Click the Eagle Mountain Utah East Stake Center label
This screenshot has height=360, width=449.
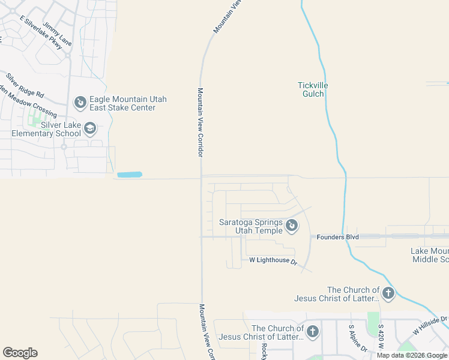click(x=128, y=103)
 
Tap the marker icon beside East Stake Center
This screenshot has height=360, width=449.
click(x=79, y=103)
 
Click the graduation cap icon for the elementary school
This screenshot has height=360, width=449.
click(x=89, y=128)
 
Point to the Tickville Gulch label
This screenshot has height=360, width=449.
click(x=313, y=89)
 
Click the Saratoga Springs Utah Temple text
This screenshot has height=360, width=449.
click(x=250, y=226)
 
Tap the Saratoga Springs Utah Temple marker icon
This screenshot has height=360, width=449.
click(x=291, y=226)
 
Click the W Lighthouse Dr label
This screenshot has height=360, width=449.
click(x=273, y=261)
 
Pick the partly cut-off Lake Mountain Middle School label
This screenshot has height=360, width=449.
click(x=430, y=255)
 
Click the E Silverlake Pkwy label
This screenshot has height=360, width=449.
click(x=41, y=32)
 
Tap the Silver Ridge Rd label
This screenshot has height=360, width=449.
click(x=25, y=85)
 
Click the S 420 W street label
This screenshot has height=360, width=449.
click(x=381, y=338)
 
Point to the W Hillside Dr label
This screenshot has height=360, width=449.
click(x=430, y=326)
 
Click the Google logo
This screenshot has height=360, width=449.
click(x=20, y=353)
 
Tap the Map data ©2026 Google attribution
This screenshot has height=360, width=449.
click(x=412, y=355)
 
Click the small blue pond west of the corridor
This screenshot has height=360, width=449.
click(x=130, y=175)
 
